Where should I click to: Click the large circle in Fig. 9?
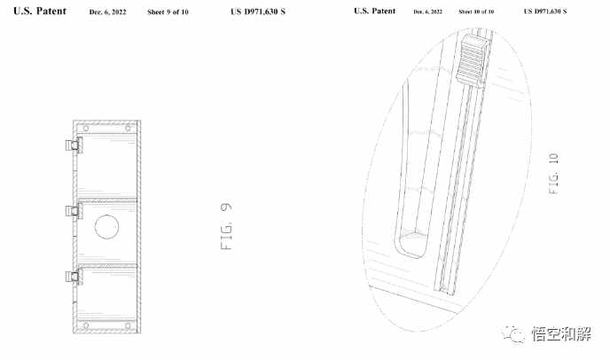point(106,226)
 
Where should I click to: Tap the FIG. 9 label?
point(226,226)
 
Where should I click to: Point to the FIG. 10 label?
point(553,174)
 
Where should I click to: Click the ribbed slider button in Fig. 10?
point(472,60)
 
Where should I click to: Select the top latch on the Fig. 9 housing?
point(74,145)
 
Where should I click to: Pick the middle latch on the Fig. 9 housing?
point(74,211)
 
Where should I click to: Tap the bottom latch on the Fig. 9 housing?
point(74,277)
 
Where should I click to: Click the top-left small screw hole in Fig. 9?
point(86,128)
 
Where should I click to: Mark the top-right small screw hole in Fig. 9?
point(128,128)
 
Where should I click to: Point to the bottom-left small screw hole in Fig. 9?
point(86,325)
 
